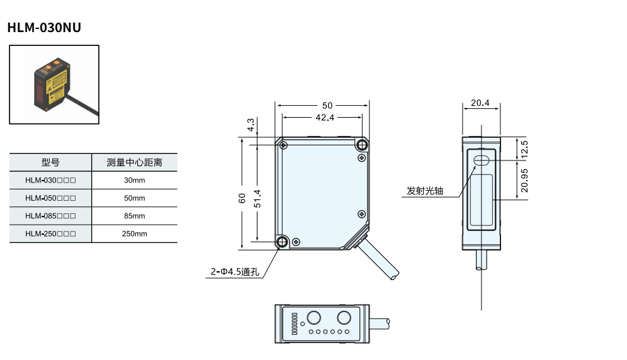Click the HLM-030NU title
click(x=44, y=28)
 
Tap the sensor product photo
click(x=54, y=84)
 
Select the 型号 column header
click(x=50, y=162)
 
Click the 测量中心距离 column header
click(x=134, y=162)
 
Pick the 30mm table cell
click(x=134, y=181)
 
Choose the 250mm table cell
click(x=134, y=233)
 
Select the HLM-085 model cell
click(x=50, y=216)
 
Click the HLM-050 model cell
click(x=50, y=198)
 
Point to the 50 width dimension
click(x=327, y=105)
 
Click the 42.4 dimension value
click(x=325, y=117)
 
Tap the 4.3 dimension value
click(x=251, y=125)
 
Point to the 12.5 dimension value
click(x=524, y=149)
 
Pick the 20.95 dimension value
click(x=524, y=180)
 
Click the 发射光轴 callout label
click(x=425, y=191)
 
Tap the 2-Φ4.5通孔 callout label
click(x=235, y=273)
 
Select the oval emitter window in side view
click(x=482, y=160)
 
